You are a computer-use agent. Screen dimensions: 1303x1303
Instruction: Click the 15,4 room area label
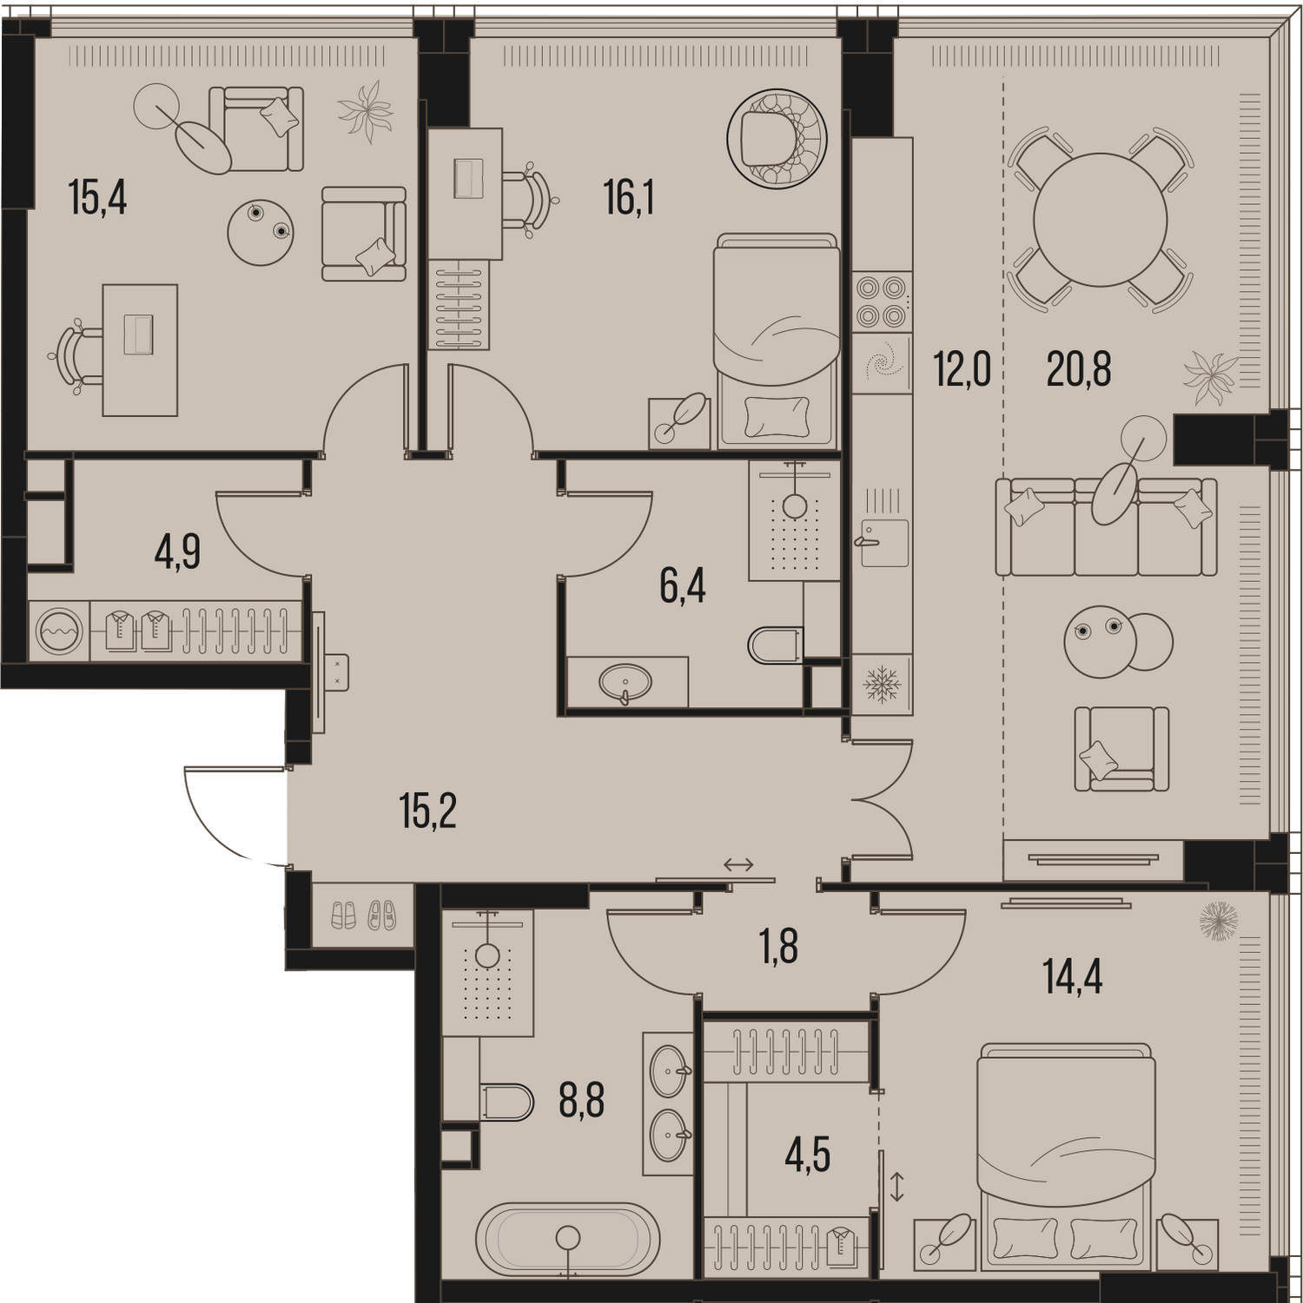pos(97,199)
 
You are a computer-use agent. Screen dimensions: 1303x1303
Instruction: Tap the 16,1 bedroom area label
pos(629,199)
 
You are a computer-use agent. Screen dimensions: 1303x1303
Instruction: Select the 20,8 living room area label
pos(1079,370)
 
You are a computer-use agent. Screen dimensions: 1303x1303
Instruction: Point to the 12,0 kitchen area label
pos(962,370)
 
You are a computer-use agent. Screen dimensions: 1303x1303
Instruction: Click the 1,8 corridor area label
pos(779,947)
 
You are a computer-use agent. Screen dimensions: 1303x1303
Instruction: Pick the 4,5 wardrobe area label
pos(807,1156)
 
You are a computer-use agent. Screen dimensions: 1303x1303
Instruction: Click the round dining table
pos(1100,220)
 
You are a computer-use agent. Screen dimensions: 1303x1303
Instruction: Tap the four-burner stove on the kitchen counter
pos(881,301)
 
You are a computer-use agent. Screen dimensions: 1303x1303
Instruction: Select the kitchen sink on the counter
pos(884,543)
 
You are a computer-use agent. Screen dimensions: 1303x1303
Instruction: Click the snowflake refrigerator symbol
pos(882,685)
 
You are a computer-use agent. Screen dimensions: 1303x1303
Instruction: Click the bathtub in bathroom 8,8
pos(568,1240)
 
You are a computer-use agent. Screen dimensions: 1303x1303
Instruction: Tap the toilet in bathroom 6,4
pos(773,645)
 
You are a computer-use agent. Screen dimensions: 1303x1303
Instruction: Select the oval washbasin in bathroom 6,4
pos(625,683)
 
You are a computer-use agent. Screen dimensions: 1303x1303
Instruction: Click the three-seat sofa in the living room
pos(1106,526)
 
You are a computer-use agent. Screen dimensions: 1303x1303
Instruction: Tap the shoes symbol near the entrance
pos(364,915)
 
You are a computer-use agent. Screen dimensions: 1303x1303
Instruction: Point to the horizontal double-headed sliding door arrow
pos(738,864)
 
